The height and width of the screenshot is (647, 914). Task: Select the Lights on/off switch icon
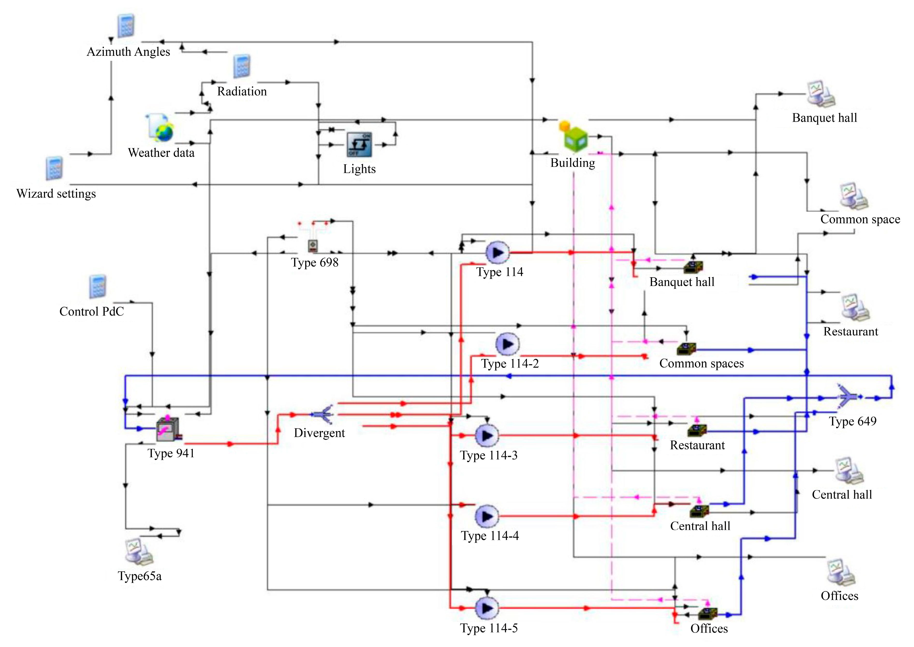(359, 145)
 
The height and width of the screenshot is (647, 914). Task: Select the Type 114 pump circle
(497, 252)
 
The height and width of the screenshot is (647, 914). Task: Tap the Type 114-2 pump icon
(507, 344)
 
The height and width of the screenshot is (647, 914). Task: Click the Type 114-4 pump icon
(486, 516)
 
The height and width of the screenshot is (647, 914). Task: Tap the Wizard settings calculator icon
(54, 168)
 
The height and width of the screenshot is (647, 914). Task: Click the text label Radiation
(242, 91)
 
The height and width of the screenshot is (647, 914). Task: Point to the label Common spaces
(701, 363)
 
